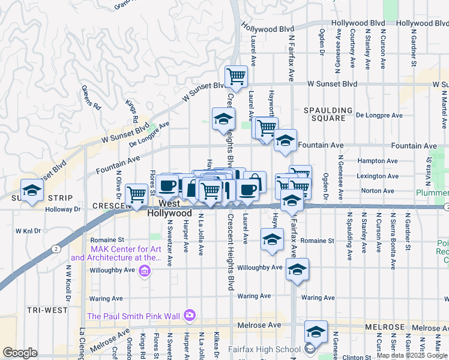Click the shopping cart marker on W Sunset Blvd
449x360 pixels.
click(x=236, y=76)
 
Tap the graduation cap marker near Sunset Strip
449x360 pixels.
click(x=32, y=190)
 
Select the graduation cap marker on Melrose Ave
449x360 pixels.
click(x=316, y=331)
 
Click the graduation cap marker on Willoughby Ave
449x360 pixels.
click(x=297, y=269)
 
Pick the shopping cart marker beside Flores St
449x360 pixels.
click(x=137, y=193)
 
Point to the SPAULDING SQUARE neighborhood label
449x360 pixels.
click(x=328, y=114)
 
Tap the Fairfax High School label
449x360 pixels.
click(x=265, y=349)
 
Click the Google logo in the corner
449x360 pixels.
click(x=20, y=353)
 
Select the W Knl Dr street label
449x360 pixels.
click(x=28, y=230)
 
